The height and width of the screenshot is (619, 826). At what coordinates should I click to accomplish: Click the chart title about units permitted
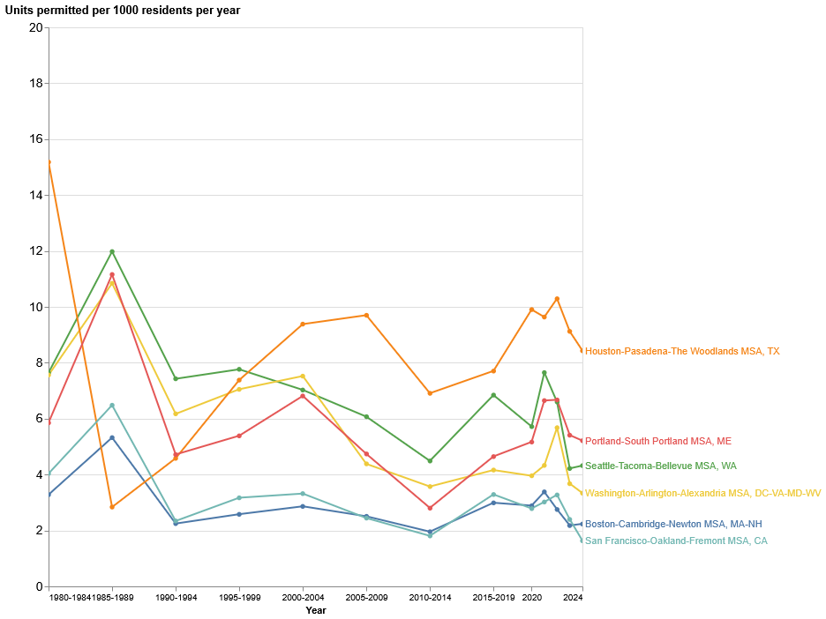click(123, 11)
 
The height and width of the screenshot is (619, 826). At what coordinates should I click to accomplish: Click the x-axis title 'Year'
click(316, 610)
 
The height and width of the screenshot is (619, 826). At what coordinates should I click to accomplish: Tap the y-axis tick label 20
click(35, 27)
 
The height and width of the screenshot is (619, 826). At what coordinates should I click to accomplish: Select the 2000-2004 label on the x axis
click(303, 598)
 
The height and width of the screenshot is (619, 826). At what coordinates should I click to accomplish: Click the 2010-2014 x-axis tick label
click(430, 598)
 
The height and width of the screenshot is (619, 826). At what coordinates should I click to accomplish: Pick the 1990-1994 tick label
click(176, 598)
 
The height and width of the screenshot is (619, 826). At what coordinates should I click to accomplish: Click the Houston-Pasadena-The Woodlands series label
click(682, 351)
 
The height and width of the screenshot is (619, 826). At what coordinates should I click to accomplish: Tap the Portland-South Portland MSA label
click(658, 441)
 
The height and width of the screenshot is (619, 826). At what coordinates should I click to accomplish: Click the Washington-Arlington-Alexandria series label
click(702, 493)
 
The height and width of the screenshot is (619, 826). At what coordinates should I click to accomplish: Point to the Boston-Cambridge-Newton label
click(673, 524)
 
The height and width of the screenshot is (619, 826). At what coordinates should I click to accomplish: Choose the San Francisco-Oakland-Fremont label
click(676, 541)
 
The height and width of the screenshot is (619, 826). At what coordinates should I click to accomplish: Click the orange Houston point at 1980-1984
click(49, 162)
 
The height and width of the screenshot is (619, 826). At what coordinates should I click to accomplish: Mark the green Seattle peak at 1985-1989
click(112, 251)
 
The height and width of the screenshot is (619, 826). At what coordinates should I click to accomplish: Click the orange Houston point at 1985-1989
click(112, 507)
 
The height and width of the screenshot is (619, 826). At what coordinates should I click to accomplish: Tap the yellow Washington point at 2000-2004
click(303, 377)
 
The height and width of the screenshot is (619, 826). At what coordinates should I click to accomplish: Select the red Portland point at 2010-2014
click(430, 508)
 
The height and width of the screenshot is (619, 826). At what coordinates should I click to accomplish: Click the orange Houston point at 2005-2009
click(366, 315)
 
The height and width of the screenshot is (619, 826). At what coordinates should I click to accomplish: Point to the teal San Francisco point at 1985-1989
click(112, 406)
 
